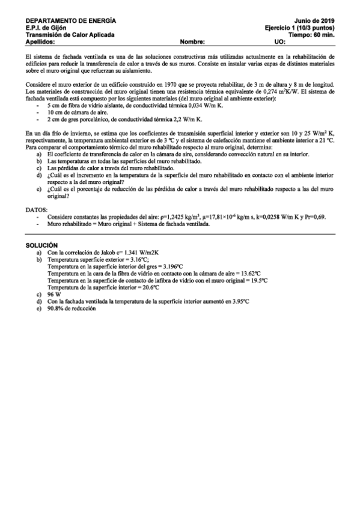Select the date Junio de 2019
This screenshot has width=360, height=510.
[316, 20]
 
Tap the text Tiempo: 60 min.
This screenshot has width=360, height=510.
[312, 35]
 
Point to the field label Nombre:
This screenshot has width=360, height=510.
[192, 42]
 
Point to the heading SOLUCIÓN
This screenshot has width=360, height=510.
[41, 246]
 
